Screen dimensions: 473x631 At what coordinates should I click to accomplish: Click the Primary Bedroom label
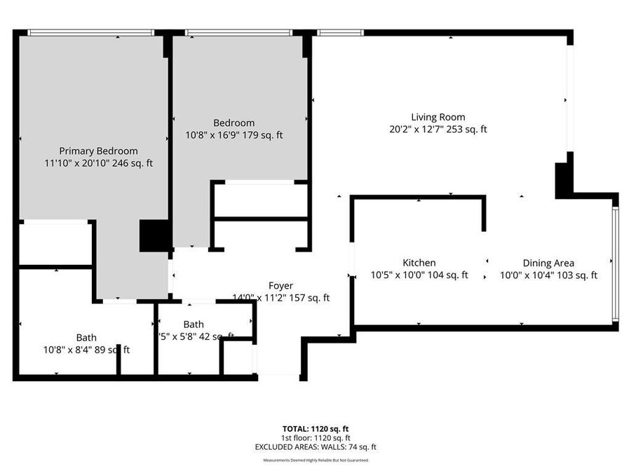point(98,151)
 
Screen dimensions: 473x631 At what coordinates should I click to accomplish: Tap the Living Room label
point(437,117)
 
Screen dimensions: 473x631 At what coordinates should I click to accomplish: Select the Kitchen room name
point(419,263)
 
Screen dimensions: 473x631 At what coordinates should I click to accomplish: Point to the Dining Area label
point(548,263)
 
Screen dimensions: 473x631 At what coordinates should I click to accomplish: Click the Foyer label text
point(280,285)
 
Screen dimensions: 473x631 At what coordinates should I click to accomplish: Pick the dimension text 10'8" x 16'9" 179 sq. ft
point(234,135)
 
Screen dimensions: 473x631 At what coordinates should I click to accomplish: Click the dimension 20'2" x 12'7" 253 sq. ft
point(437,129)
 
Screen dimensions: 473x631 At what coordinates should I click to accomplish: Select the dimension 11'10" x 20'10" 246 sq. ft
point(98,163)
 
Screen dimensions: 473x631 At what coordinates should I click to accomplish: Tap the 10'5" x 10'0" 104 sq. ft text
point(419,275)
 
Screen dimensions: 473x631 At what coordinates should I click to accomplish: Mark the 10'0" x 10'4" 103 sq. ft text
point(548,275)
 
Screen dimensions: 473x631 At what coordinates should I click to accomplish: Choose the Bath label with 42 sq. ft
point(194,324)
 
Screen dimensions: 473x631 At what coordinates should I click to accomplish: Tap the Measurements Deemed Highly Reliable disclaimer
point(315,460)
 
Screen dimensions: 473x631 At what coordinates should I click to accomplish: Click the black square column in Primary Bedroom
point(154,236)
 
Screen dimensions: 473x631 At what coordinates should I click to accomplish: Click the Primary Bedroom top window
point(91,32)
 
